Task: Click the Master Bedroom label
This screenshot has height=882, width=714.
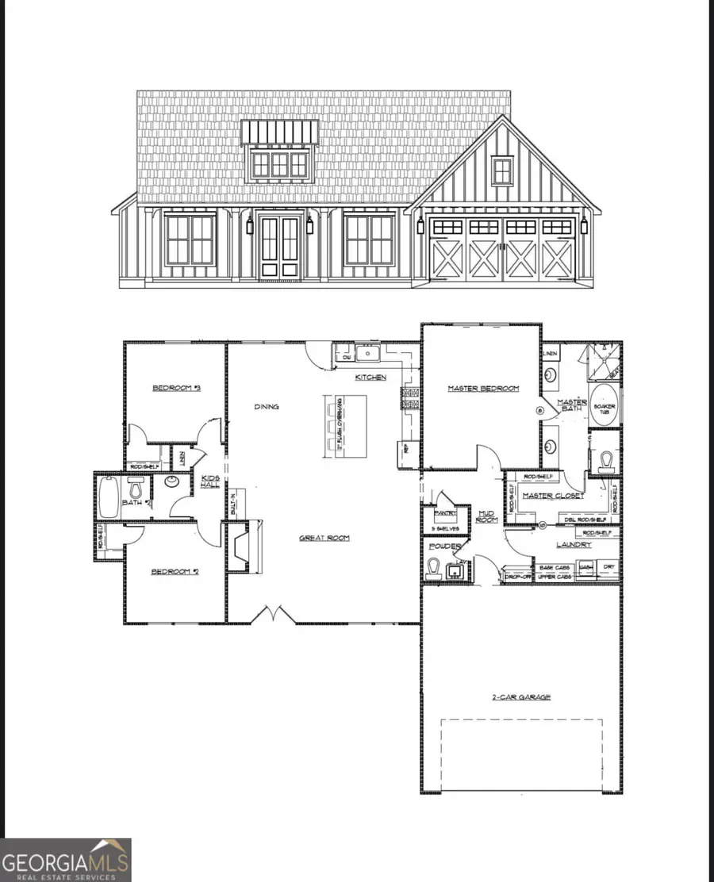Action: [482, 388]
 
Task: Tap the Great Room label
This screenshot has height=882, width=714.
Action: [324, 538]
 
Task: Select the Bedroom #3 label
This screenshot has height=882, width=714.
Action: [176, 388]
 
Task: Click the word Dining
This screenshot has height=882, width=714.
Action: [267, 407]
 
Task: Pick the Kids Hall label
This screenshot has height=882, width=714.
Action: [210, 481]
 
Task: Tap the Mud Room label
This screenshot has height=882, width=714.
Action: [486, 516]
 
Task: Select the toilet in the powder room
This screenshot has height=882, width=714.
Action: [434, 566]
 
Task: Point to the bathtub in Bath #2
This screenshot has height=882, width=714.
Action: [109, 497]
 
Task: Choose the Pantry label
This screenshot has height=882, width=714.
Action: [441, 513]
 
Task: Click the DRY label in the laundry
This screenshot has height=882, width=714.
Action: [608, 567]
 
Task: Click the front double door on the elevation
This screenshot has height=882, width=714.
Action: [280, 247]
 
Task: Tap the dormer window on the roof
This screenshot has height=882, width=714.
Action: [279, 164]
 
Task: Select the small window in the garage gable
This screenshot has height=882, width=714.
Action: [501, 171]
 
